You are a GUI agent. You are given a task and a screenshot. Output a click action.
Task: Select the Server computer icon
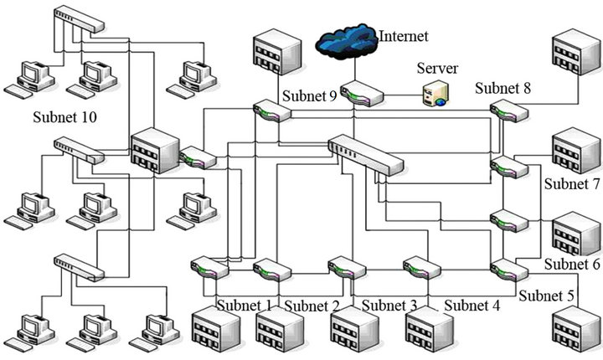pos(435,95)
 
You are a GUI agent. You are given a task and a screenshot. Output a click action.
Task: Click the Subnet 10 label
pos(64,116)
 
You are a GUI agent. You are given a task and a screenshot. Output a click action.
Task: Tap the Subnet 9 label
pos(309,96)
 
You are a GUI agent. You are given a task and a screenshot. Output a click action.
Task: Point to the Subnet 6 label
pos(572,264)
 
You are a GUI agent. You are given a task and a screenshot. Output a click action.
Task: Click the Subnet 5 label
pos(545,296)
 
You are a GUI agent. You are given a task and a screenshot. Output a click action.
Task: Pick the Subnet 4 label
pos(472,306)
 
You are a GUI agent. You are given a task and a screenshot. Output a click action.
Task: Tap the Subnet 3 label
pos(389,305)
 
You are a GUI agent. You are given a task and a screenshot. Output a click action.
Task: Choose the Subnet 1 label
pos(245,305)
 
